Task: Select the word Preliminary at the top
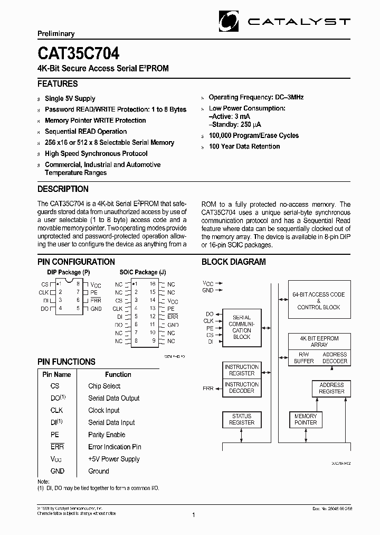[56, 34]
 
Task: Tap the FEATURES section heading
[58, 84]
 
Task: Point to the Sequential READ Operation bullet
[85, 131]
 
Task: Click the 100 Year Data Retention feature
[244, 146]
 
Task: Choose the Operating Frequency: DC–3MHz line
[256, 97]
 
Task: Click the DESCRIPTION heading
[63, 189]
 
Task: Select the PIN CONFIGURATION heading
[76, 262]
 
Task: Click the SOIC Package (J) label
[142, 272]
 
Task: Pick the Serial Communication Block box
[242, 328]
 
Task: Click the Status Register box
[241, 419]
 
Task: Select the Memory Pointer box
[306, 419]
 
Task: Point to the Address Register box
[331, 388]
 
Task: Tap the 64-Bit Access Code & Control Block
[318, 301]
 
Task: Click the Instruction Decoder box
[241, 388]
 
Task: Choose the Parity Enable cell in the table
[107, 435]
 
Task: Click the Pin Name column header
[56, 374]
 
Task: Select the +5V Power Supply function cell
[115, 459]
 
